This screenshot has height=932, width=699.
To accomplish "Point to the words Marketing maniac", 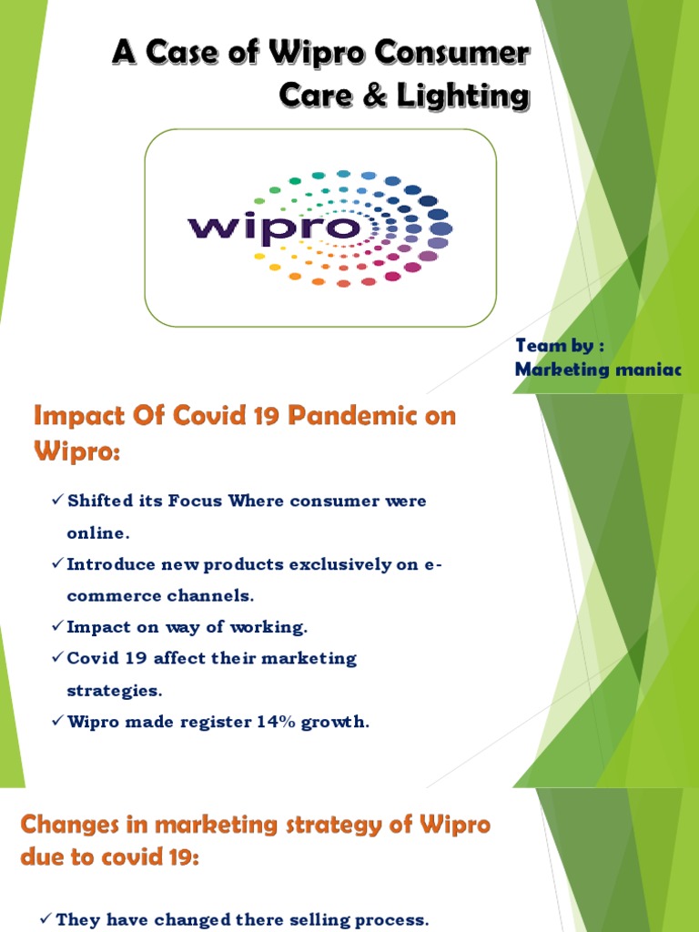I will [597, 369].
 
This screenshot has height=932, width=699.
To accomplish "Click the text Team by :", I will [560, 346].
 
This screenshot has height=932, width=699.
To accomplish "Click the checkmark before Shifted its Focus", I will [57, 501].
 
